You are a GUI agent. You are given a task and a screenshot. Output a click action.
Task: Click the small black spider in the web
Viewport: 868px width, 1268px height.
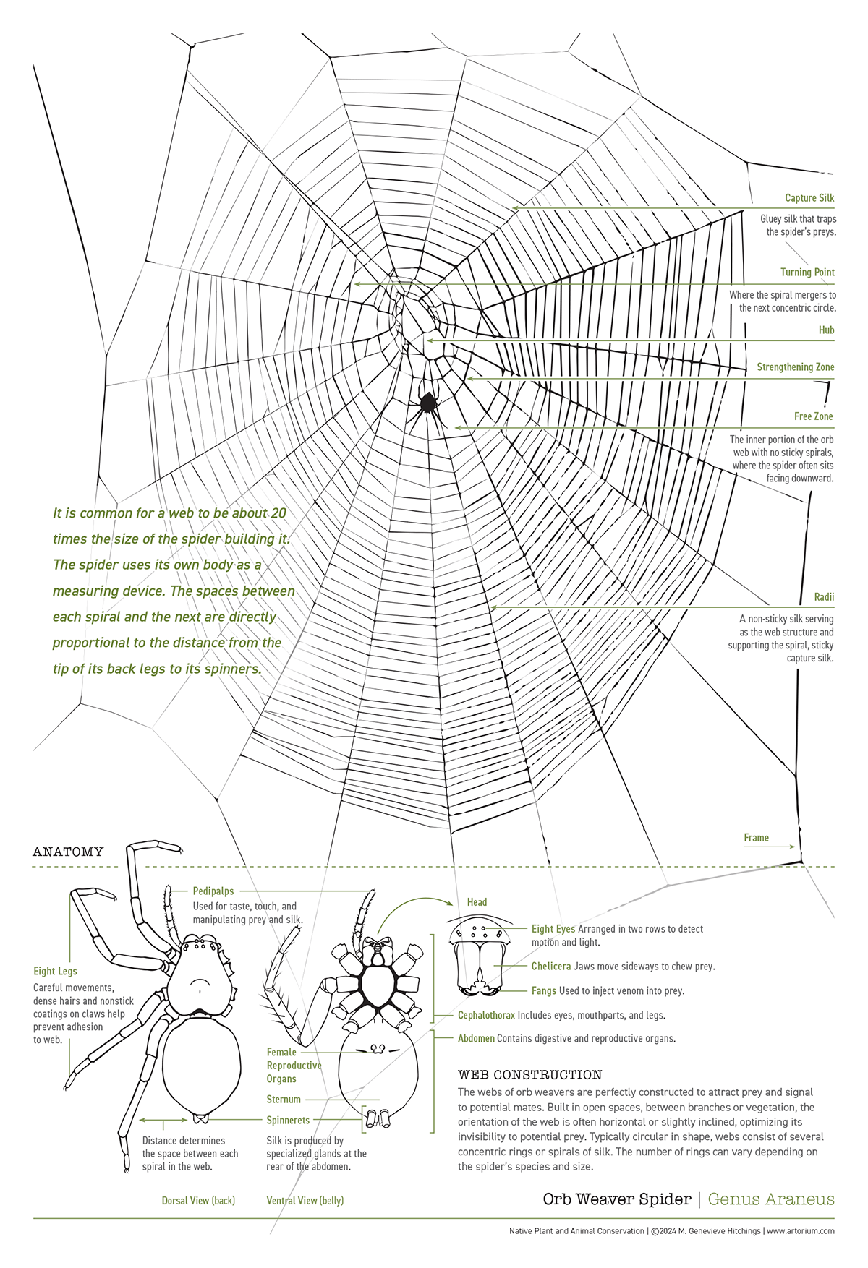[427, 403]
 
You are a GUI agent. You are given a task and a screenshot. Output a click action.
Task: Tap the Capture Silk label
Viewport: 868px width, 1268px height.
[809, 198]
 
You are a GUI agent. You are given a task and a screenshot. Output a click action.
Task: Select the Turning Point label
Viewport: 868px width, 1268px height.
[807, 273]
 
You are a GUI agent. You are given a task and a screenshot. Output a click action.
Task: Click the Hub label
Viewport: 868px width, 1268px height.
[826, 330]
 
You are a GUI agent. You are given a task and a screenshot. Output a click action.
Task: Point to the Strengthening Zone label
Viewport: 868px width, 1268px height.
[796, 367]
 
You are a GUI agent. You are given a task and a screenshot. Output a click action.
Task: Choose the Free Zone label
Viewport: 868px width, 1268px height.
[814, 416]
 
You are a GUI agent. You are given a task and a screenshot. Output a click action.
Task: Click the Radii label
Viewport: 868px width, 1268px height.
[824, 597]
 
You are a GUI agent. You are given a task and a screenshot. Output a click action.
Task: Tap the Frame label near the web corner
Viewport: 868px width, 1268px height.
[756, 838]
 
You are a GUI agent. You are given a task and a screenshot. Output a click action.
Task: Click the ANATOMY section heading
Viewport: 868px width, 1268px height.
[68, 852]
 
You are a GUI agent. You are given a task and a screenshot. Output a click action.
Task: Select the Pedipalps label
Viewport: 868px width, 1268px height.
[213, 891]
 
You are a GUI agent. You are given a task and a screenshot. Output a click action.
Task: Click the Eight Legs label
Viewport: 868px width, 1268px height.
[55, 972]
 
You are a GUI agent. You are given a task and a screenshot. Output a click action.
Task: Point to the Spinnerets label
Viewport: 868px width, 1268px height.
[288, 1121]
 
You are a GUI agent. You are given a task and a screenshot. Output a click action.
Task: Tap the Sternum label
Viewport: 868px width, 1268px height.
[284, 1100]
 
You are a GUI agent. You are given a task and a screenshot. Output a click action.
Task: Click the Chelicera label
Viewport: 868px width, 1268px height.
[551, 967]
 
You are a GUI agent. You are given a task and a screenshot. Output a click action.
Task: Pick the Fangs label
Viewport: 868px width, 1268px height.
[544, 991]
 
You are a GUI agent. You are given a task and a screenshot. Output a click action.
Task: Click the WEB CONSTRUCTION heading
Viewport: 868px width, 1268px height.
[530, 1075]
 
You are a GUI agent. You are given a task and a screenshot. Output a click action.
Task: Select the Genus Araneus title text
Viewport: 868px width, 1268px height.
[771, 1199]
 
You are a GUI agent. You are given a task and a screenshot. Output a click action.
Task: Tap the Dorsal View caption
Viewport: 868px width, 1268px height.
[198, 1201]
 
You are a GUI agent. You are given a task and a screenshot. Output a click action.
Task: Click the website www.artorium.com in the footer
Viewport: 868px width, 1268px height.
[801, 1231]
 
